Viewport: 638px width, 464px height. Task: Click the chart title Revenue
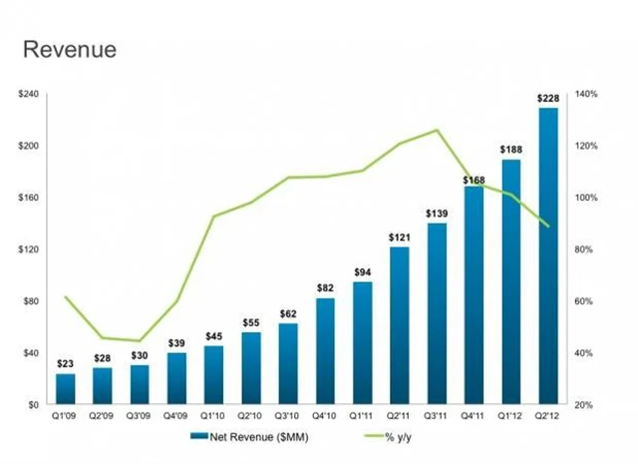click(69, 49)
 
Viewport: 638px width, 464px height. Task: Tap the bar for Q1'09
click(66, 389)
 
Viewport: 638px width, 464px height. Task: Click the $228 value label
click(548, 99)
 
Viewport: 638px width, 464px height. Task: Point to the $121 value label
click(399, 237)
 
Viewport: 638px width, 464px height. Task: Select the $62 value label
click(288, 314)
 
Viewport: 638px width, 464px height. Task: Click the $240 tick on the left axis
click(27, 94)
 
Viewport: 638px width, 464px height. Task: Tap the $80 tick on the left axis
click(30, 301)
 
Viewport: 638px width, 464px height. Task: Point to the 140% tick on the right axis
click(585, 94)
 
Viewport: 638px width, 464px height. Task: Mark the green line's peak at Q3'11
click(437, 130)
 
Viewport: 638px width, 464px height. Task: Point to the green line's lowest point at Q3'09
click(140, 341)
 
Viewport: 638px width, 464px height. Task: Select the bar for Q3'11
click(437, 314)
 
